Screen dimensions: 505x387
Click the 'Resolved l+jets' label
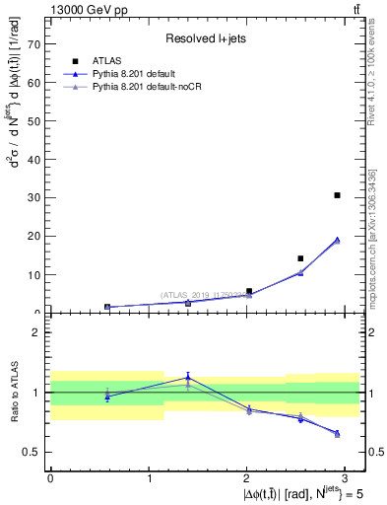click(x=204, y=37)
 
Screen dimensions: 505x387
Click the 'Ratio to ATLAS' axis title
click(x=13, y=393)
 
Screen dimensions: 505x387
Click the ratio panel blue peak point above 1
click(x=188, y=377)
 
